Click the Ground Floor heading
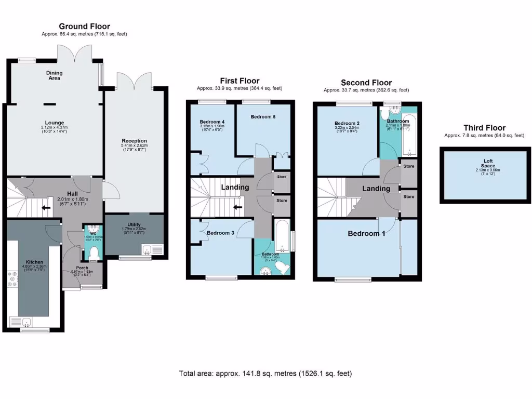click(x=84, y=26)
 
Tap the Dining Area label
click(x=55, y=76)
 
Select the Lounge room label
click(x=55, y=123)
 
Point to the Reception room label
click(x=135, y=141)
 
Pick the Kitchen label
click(x=35, y=262)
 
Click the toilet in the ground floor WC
click(x=94, y=253)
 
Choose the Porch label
click(x=82, y=268)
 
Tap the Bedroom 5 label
click(x=263, y=117)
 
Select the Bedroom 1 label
click(x=366, y=233)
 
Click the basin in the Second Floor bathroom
click(x=396, y=110)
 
